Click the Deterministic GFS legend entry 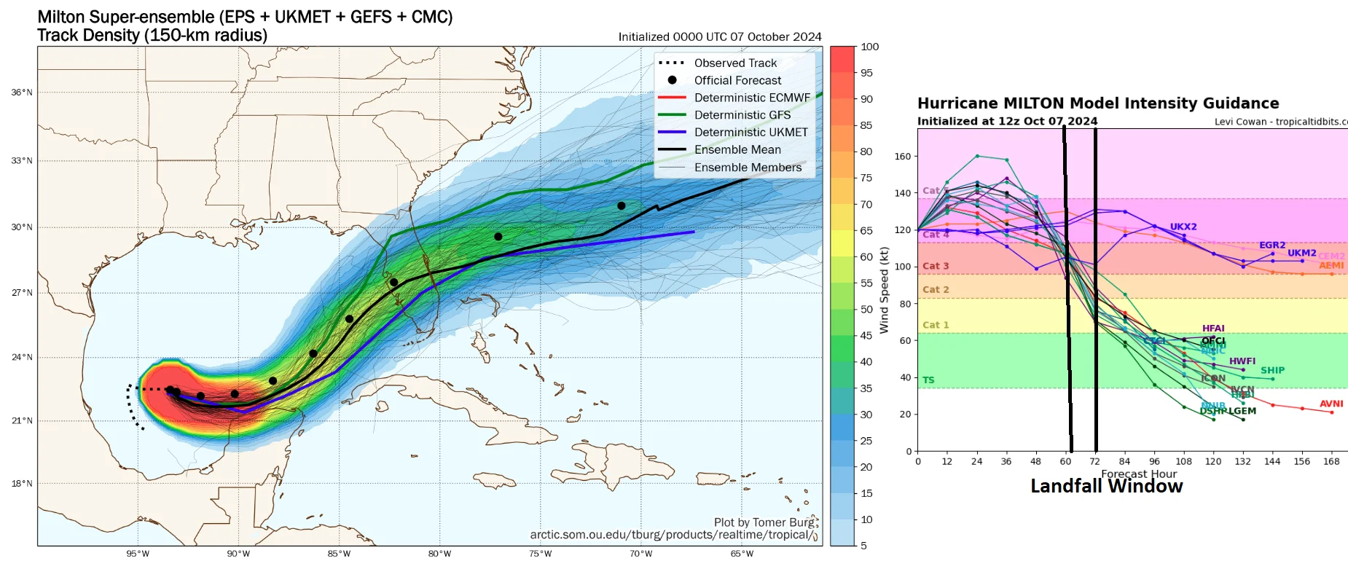click(742, 115)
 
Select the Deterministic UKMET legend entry click(751, 133)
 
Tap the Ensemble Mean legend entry click(737, 150)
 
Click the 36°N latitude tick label click(22, 93)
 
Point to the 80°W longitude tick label click(439, 554)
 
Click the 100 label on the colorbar click(869, 47)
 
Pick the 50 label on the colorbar click(866, 310)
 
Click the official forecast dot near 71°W click(621, 205)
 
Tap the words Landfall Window click(1106, 487)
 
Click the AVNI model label click(1331, 404)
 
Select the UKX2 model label click(1183, 227)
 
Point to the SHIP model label click(1272, 370)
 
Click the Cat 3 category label click(936, 266)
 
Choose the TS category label click(928, 380)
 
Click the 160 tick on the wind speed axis click(902, 157)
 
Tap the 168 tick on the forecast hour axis click(1331, 461)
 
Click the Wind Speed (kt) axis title click(884, 290)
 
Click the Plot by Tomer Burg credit click(765, 522)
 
